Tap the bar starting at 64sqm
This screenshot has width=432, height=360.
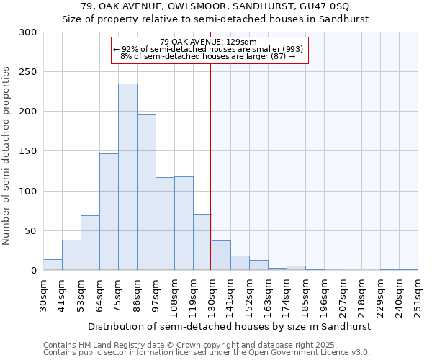coord(109,212)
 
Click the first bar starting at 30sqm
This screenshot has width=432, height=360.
coord(53,265)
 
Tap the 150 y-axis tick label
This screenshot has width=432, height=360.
coord(28,152)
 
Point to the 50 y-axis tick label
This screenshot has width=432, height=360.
coord(31,231)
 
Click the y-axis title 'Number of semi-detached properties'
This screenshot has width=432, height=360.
coord(7,155)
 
